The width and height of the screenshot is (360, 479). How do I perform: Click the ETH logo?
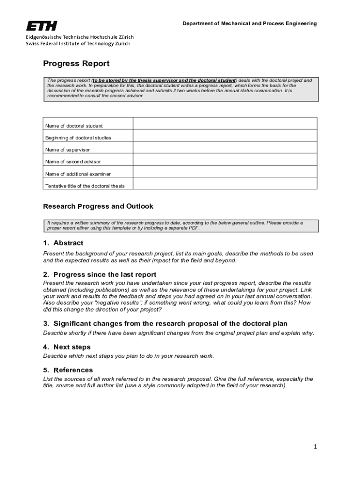point(42,25)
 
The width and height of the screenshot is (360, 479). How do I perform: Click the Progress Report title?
point(76,64)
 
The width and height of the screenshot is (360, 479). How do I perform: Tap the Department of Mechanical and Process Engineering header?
point(249,23)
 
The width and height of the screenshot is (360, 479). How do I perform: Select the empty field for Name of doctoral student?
point(225,123)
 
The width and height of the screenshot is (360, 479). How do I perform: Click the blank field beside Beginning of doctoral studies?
point(225,135)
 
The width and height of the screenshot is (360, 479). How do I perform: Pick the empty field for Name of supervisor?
point(225,147)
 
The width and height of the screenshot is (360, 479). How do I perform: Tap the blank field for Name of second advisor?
point(225,160)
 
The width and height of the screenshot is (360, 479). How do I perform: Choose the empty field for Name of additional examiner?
point(225,172)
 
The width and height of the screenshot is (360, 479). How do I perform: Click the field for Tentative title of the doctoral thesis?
point(225,184)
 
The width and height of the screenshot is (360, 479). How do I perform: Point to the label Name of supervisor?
point(67,150)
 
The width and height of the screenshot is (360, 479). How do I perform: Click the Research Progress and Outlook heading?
point(98,206)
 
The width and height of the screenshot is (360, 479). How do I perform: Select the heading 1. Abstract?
point(63,243)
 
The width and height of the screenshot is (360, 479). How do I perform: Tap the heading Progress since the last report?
point(105,275)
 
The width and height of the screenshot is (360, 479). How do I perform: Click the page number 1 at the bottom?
point(316,447)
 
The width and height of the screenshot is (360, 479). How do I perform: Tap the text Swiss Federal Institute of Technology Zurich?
point(78,44)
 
